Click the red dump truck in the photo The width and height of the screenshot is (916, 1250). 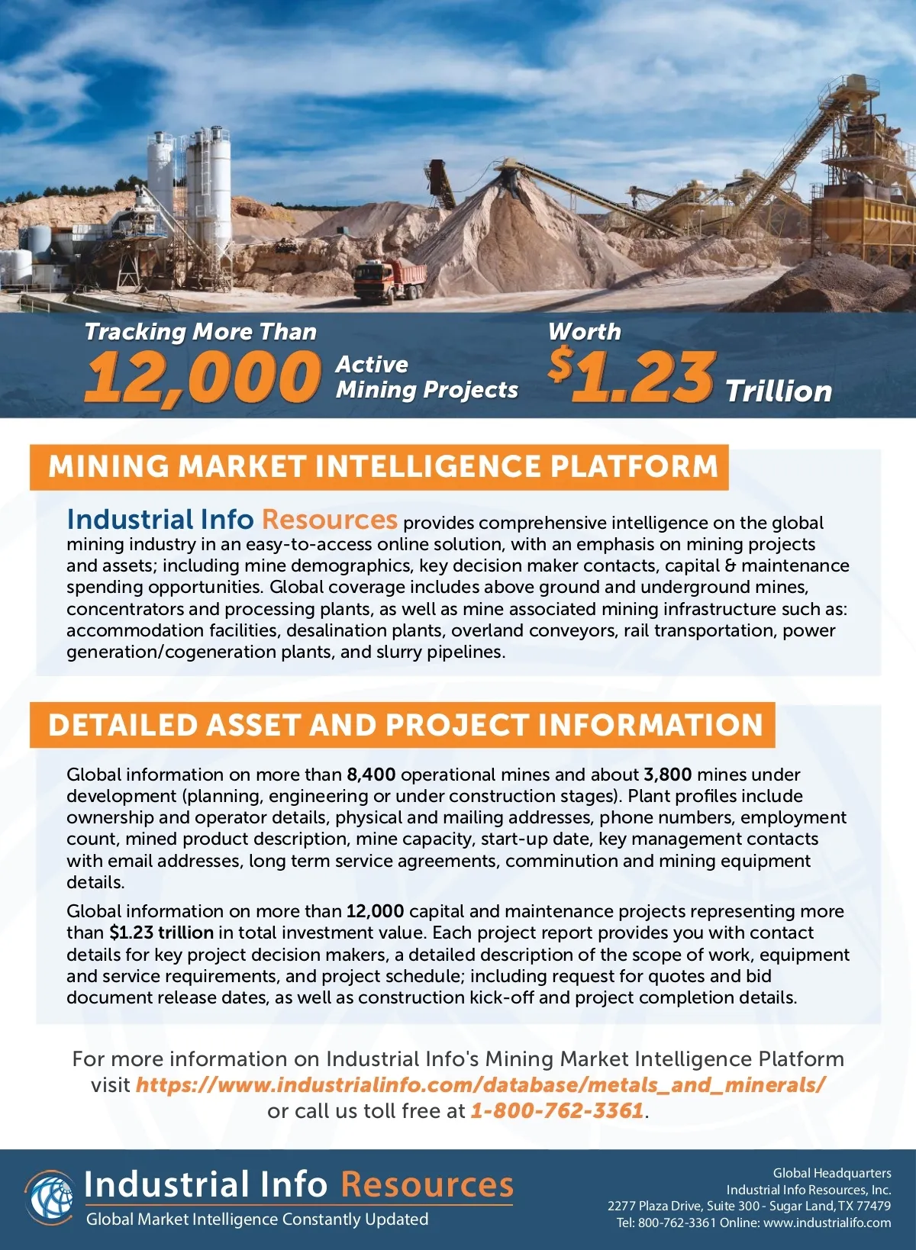pos(389,279)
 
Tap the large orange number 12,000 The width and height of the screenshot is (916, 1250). pos(202,376)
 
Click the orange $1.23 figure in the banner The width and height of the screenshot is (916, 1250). pos(632,375)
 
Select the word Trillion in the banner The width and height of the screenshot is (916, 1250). pos(778,391)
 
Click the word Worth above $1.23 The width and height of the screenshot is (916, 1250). pos(584,331)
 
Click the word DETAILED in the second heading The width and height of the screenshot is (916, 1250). pos(122,725)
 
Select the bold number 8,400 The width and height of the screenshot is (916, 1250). pos(371,775)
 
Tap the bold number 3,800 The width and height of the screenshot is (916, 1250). pos(667,775)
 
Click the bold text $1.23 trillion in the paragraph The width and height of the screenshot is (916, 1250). pos(162,933)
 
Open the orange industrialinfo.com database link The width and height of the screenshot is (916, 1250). pos(480,1084)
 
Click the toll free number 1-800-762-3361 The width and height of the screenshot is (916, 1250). pos(557,1110)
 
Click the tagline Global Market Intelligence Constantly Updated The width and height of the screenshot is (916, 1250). pos(257,1219)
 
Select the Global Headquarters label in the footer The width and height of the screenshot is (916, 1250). pos(832,1173)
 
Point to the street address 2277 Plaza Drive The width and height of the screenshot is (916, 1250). pos(672,1206)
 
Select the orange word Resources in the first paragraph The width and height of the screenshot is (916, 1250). pos(329,520)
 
